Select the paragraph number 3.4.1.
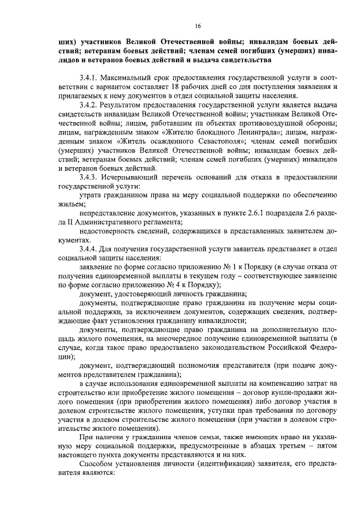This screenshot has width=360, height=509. point(91,76)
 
